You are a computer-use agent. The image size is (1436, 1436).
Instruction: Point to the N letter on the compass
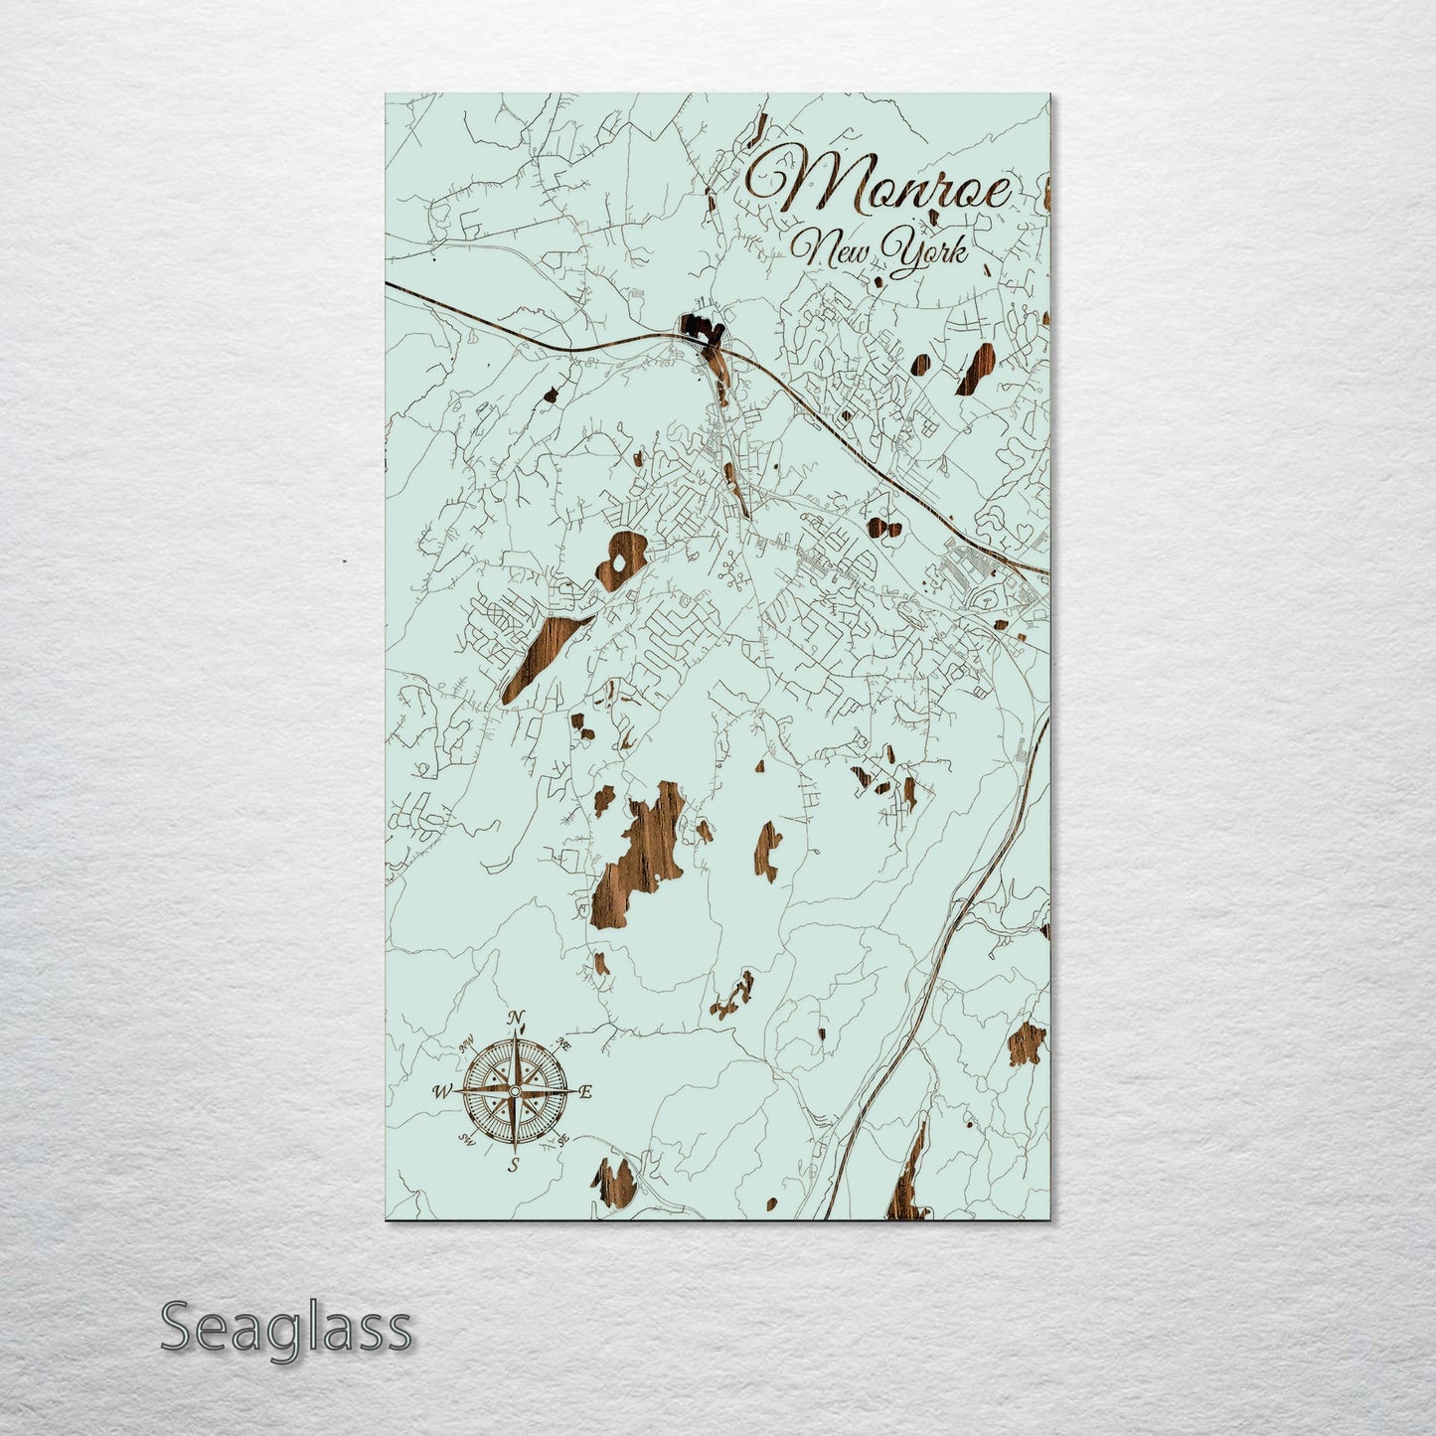[x=516, y=1018]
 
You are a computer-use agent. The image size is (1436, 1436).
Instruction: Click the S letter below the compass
[x=514, y=1165]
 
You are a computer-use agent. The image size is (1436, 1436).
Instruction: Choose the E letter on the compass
[x=585, y=1092]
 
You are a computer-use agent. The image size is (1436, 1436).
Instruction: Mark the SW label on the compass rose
[x=465, y=1140]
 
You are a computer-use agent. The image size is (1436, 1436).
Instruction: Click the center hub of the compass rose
[x=514, y=1091]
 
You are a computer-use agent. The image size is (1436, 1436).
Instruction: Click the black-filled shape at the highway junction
[x=700, y=329]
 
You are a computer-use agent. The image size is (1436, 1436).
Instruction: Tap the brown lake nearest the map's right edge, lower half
[x=1026, y=1043]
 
